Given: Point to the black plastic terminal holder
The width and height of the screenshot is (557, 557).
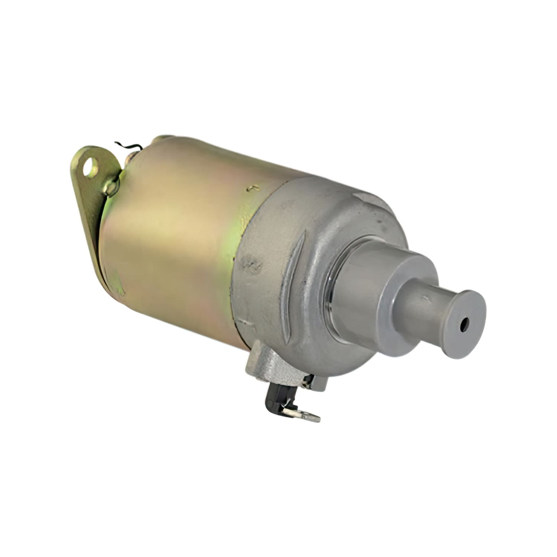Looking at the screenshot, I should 274,399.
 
